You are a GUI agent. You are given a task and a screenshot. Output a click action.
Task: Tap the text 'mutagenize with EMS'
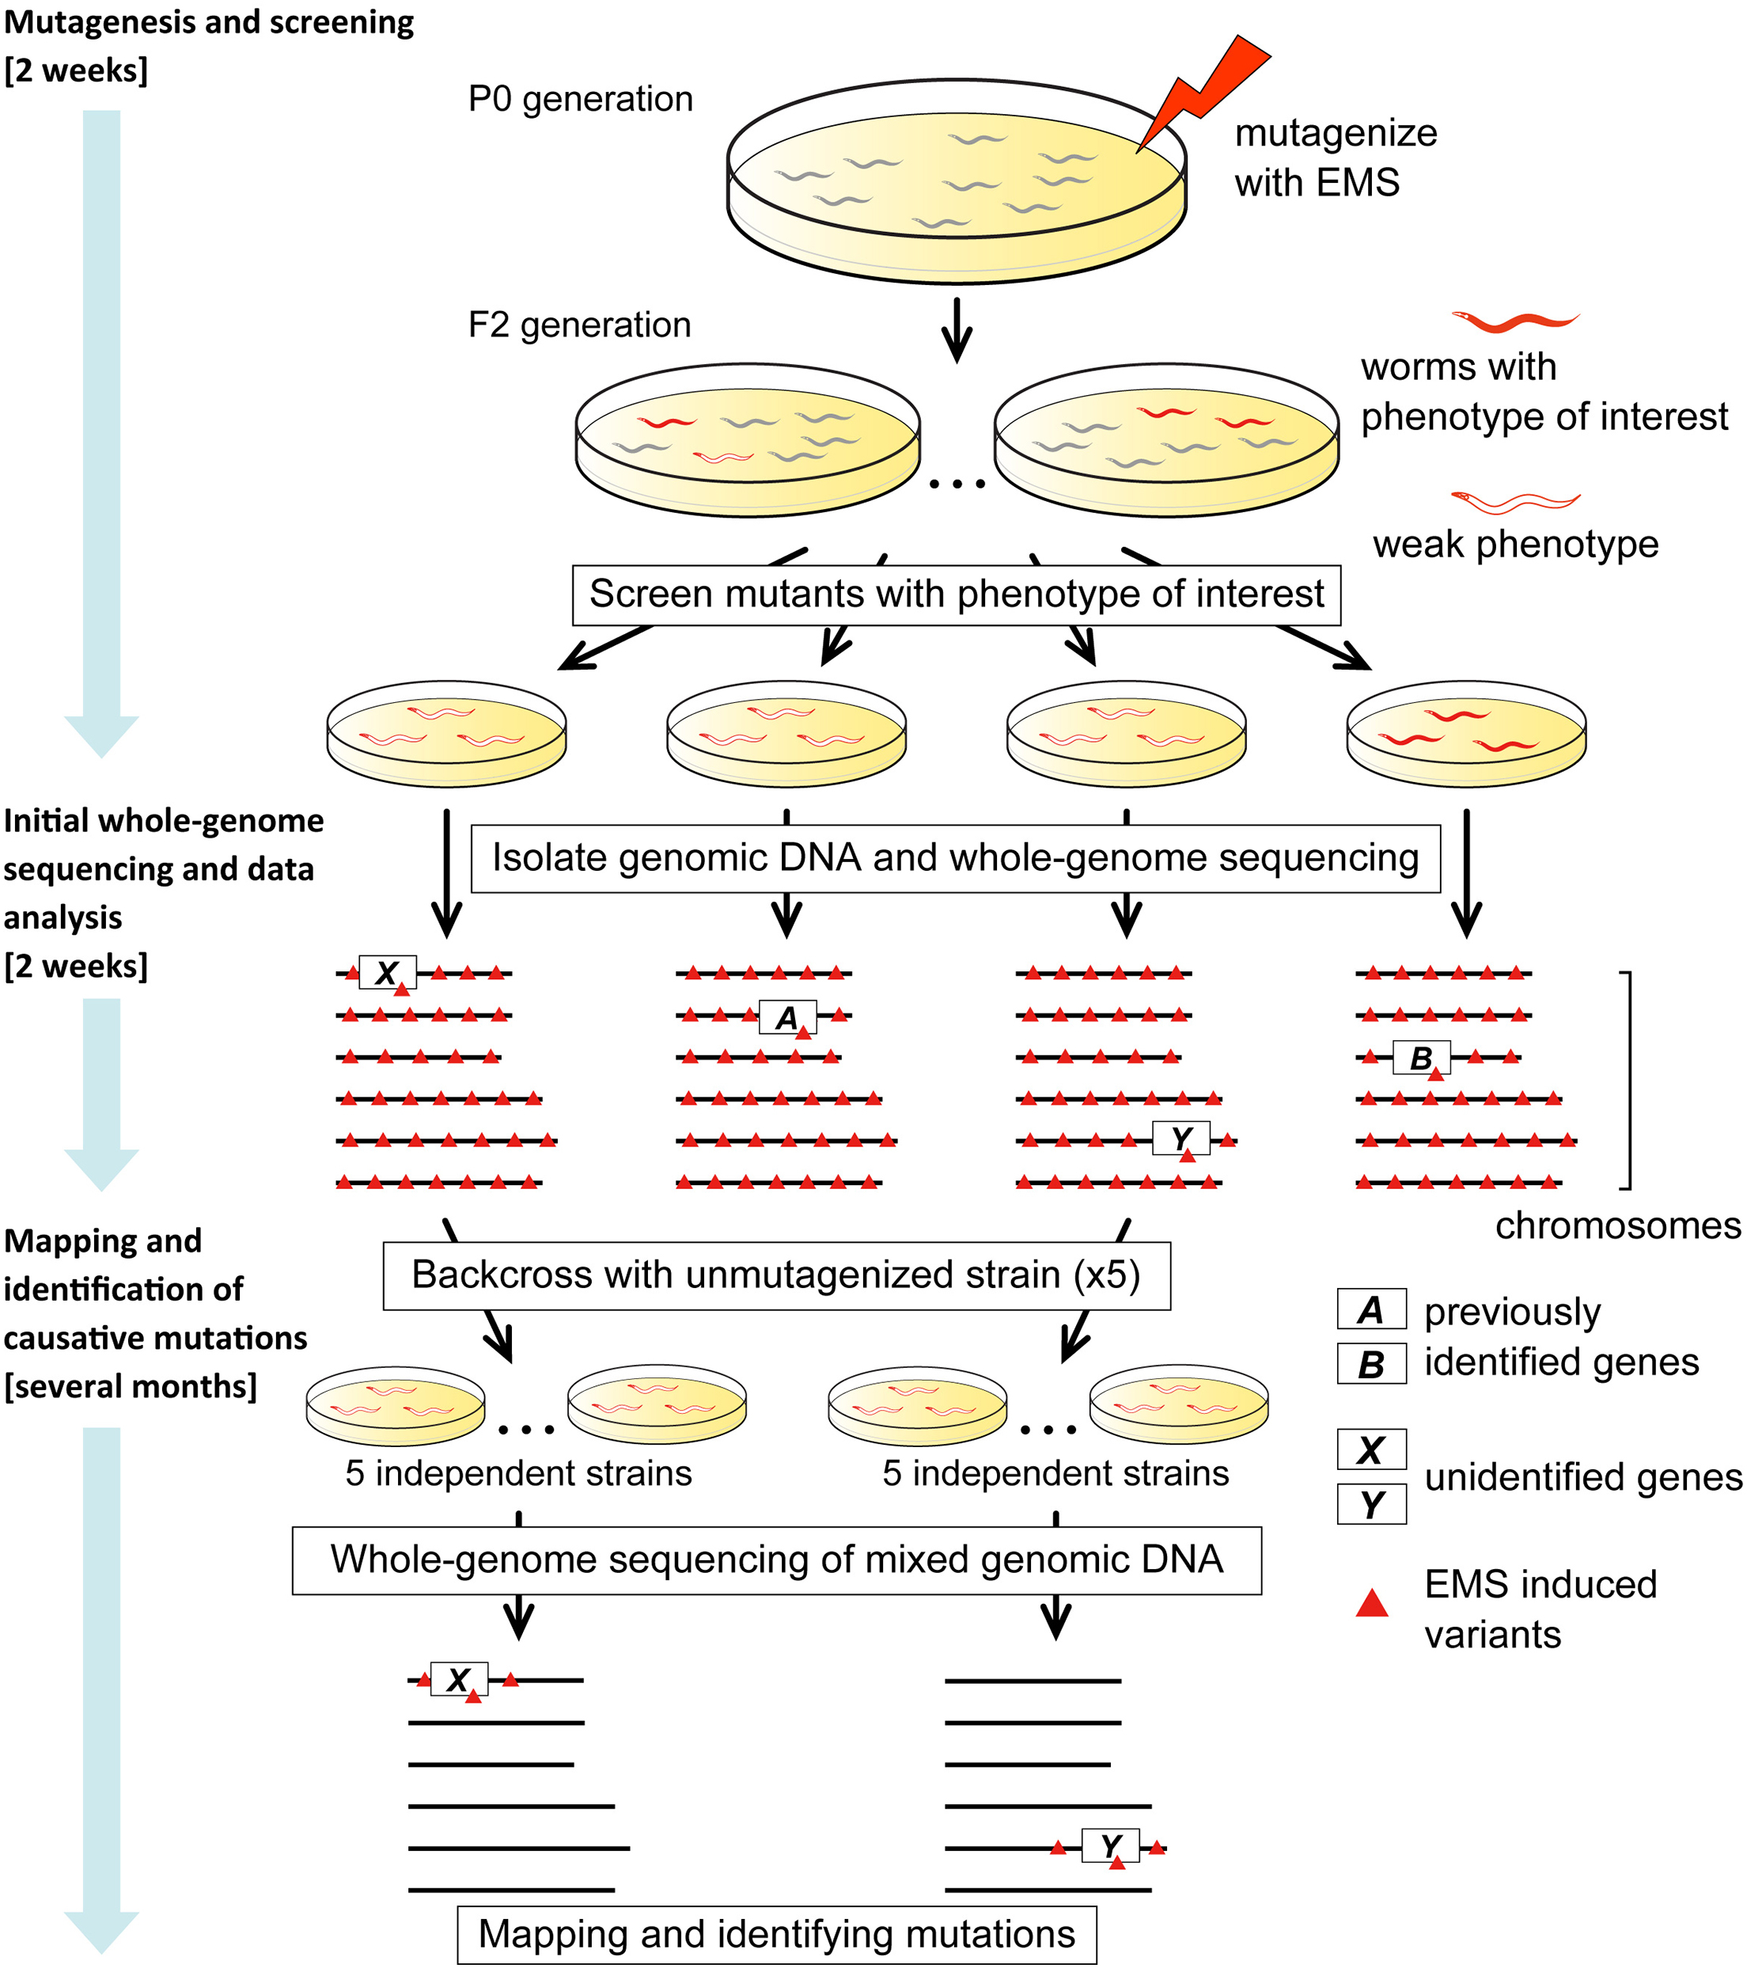(1334, 158)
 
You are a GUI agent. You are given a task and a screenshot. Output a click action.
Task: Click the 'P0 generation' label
(581, 99)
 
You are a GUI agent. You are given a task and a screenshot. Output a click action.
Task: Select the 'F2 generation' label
(579, 325)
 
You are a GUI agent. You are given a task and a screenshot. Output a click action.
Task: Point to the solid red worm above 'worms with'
(1515, 321)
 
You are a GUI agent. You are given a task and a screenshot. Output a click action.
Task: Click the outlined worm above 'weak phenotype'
(1515, 502)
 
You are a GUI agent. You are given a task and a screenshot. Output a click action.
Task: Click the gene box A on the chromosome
(787, 1016)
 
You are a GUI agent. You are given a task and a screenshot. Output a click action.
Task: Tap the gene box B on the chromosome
(1421, 1058)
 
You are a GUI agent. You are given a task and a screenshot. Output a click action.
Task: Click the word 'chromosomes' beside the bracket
(1617, 1225)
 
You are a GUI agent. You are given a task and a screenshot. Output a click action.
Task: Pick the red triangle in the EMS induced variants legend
(1372, 1604)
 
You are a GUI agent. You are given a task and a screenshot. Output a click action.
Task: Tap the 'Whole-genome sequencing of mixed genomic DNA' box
(776, 1560)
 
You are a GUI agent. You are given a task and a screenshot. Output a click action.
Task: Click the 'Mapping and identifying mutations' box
(776, 1934)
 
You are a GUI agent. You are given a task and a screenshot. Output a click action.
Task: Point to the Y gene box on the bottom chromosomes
(1110, 1846)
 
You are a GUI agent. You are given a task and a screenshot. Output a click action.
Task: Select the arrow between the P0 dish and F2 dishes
(956, 329)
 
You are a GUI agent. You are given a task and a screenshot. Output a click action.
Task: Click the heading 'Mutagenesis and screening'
(209, 22)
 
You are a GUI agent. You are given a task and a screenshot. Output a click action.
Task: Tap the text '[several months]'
(131, 1386)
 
